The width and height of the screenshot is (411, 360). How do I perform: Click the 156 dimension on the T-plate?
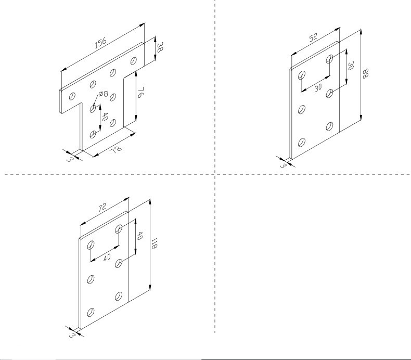tap(100, 43)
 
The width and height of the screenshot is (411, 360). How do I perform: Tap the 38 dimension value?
tap(160, 47)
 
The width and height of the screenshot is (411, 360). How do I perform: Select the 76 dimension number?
tap(141, 93)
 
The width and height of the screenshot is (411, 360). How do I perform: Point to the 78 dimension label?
tap(115, 150)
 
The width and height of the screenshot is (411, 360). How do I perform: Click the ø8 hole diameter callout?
tap(104, 94)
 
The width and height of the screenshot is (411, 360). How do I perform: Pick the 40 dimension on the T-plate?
tap(105, 117)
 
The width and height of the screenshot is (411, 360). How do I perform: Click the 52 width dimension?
tap(313, 37)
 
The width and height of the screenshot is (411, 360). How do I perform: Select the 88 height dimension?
tap(365, 73)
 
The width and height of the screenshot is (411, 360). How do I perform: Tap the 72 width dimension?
tap(102, 208)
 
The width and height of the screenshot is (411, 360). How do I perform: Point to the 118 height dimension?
tap(154, 243)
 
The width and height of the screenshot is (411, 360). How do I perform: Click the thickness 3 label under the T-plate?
tap(69, 159)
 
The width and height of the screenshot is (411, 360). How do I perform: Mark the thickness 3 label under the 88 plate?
tap(282, 165)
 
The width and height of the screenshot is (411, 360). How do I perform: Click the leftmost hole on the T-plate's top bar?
tap(72, 96)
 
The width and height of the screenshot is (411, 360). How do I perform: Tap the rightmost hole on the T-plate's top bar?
tap(133, 60)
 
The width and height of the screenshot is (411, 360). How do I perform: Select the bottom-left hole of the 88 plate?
tap(302, 143)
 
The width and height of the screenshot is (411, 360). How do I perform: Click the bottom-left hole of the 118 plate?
tap(91, 312)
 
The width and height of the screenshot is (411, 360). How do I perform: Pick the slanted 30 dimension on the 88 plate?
tap(318, 88)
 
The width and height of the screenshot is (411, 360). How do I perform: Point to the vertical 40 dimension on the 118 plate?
tap(139, 236)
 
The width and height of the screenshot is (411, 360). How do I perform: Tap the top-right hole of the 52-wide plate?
tap(329, 59)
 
